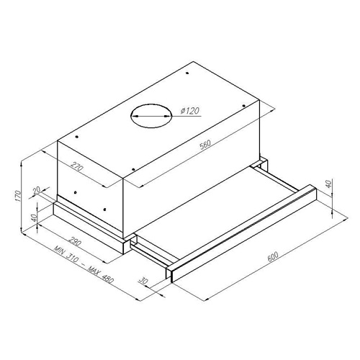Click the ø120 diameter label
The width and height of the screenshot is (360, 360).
[x=190, y=111]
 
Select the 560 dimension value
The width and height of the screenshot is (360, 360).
[x=205, y=144]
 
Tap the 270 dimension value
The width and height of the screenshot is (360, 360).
[x=77, y=166]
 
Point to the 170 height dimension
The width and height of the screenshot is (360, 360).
[x=17, y=197]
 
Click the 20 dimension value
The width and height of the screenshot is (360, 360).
[x=37, y=191]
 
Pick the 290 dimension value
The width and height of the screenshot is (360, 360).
[x=75, y=242]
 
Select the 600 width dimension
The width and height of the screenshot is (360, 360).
[x=272, y=256]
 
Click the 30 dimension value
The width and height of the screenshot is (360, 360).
[x=143, y=280]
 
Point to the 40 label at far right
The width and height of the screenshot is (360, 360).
[x=329, y=184]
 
